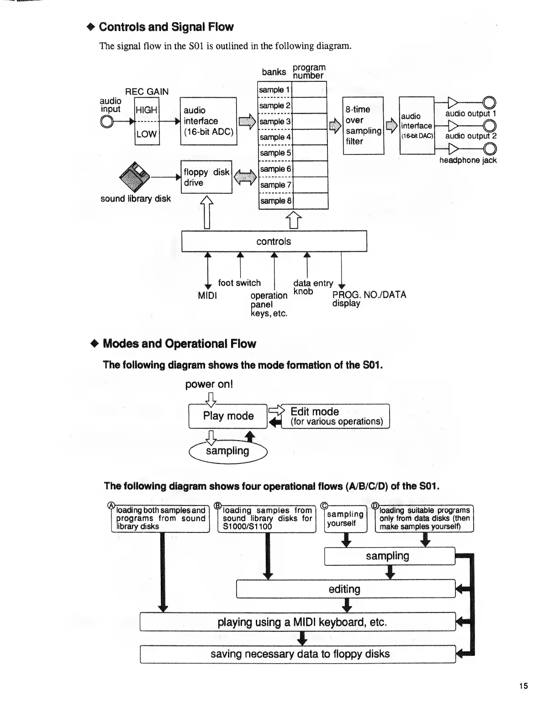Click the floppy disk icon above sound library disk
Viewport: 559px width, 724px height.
click(134, 177)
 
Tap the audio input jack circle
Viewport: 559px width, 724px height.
click(107, 121)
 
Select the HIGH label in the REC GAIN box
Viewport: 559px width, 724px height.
click(147, 110)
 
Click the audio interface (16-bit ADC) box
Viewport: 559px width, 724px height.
click(209, 121)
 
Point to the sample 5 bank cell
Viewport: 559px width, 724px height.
click(275, 153)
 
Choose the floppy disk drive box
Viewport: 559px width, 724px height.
click(206, 177)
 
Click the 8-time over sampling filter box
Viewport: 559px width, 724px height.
click(363, 125)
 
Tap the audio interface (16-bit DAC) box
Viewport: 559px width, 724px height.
click(417, 125)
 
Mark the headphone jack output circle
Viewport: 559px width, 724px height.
click(490, 149)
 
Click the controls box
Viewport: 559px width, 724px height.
click(274, 241)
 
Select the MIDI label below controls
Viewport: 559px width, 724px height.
click(207, 296)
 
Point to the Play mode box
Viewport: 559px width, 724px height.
click(228, 416)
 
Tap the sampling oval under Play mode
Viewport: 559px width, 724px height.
click(227, 451)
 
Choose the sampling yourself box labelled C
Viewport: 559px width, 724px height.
click(346, 519)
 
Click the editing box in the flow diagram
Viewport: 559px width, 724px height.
click(345, 589)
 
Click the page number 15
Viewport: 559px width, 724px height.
click(523, 686)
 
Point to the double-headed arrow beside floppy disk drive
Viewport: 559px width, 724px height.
click(245, 177)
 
